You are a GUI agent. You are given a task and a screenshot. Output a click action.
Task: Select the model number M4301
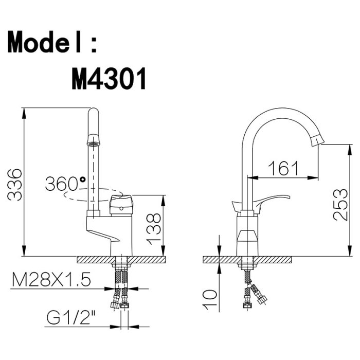point(109,79)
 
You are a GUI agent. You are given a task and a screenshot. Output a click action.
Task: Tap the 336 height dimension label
point(15,185)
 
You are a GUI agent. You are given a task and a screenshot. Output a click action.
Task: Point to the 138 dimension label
point(153,229)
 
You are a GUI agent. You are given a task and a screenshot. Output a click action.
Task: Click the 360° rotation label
point(65,184)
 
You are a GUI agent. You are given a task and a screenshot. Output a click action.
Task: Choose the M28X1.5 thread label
point(51,279)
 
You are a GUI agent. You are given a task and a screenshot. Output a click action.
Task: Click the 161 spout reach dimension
point(284,168)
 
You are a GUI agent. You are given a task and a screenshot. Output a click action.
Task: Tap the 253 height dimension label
point(340,205)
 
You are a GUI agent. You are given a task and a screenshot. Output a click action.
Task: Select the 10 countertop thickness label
point(210,299)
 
